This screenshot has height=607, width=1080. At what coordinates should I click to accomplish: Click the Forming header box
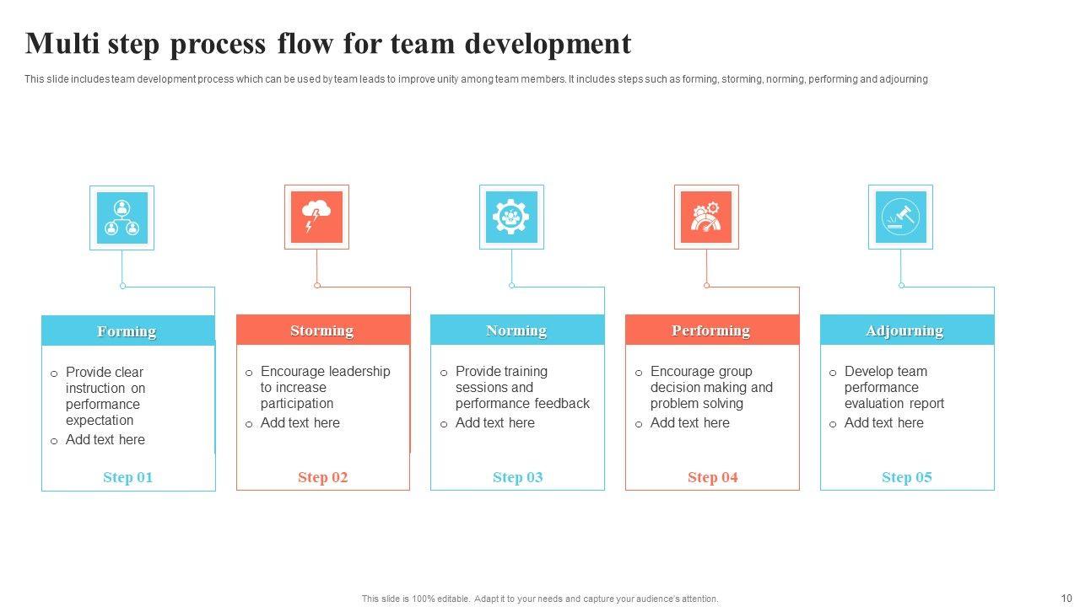(128, 330)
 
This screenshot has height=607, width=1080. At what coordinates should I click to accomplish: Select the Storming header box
(322, 330)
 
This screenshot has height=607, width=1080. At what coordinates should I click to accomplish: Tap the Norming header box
(517, 330)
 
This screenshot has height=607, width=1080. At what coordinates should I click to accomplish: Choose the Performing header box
(712, 330)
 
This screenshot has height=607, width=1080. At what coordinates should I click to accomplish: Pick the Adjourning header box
(906, 330)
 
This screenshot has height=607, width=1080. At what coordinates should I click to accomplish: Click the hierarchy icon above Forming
(122, 218)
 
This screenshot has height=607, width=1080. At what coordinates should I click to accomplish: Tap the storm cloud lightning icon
(316, 218)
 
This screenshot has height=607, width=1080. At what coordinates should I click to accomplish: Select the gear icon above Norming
(511, 218)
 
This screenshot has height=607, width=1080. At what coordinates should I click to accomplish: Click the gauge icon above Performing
(706, 218)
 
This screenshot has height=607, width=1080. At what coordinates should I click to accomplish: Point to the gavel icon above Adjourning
(900, 218)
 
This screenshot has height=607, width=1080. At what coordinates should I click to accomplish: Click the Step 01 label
(128, 477)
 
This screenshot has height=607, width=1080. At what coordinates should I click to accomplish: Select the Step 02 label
(323, 477)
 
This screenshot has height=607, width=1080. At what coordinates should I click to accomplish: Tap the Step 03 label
(518, 477)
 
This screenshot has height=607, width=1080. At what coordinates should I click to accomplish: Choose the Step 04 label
(713, 477)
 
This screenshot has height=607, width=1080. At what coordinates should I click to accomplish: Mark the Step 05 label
(907, 477)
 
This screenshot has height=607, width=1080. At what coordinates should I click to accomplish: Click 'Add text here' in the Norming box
(495, 423)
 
